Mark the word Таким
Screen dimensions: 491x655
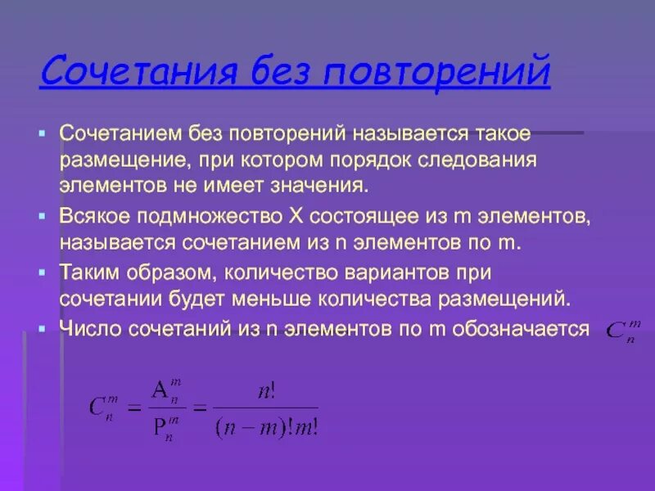click(88, 272)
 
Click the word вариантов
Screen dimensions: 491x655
click(397, 272)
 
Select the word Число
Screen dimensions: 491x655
click(87, 329)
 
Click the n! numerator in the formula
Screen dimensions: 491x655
click(265, 391)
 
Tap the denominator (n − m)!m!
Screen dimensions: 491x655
click(265, 428)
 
